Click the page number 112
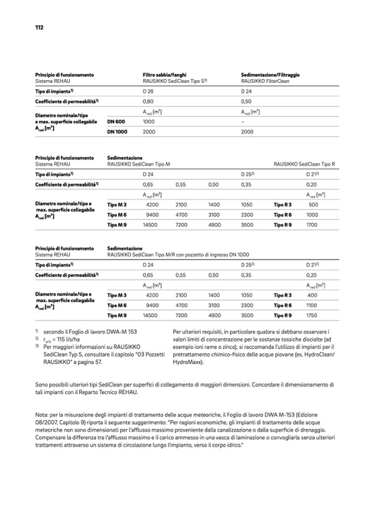[39, 27]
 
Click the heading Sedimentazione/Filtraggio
[270, 75]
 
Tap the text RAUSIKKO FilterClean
[265, 81]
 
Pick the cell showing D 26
[148, 91]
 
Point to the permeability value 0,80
[148, 102]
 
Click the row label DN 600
[116, 121]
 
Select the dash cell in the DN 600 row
[243, 121]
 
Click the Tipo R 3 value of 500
[313, 204]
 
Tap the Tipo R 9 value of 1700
[312, 225]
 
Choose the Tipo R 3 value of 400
[312, 295]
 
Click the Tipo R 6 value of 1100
[312, 305]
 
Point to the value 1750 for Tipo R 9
[312, 315]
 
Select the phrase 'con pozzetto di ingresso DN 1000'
[210, 255]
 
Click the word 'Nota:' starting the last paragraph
[43, 414]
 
